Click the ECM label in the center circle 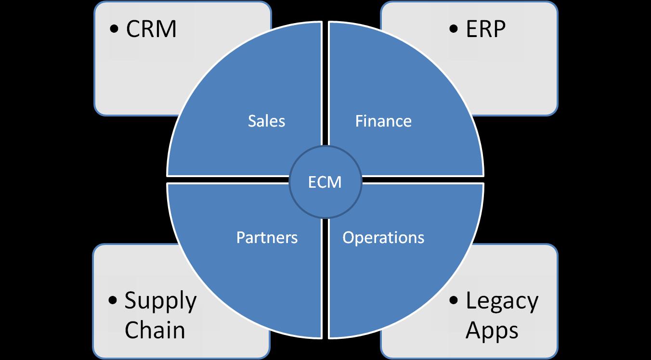pos(325,183)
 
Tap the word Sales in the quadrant pos(266,121)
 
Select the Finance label pos(383,121)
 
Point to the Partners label pos(267,238)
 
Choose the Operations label pos(383,238)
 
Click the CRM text pos(151,29)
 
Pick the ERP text pos(485,29)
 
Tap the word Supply pos(161,302)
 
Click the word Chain pos(154,330)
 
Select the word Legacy pos(502,302)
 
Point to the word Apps pos(492,330)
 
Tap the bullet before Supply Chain pos(113,301)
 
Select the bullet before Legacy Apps pos(454,301)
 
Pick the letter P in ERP pos(498,29)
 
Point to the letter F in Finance pos(359,121)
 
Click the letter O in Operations pos(348,238)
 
